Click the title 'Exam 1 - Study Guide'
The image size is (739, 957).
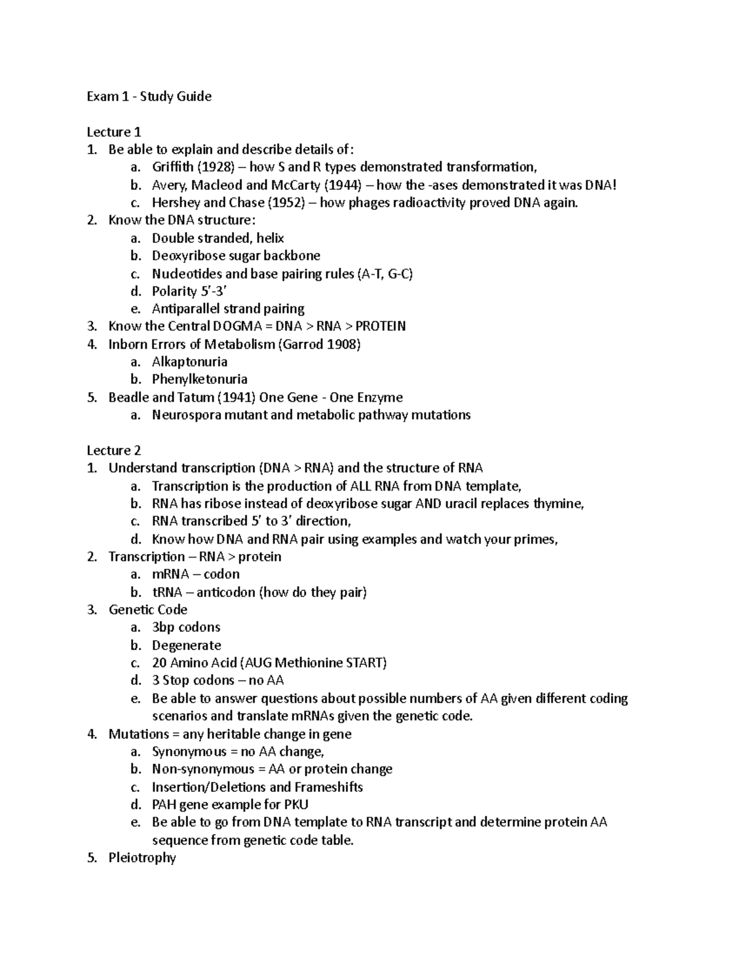pos(148,96)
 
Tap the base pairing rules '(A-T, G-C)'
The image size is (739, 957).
pos(385,274)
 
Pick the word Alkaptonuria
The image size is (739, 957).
pos(190,362)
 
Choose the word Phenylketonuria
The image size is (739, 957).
pos(200,380)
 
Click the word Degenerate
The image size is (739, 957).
pos(186,645)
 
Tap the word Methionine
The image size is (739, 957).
pos(309,663)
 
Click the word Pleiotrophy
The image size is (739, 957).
pos(142,858)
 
